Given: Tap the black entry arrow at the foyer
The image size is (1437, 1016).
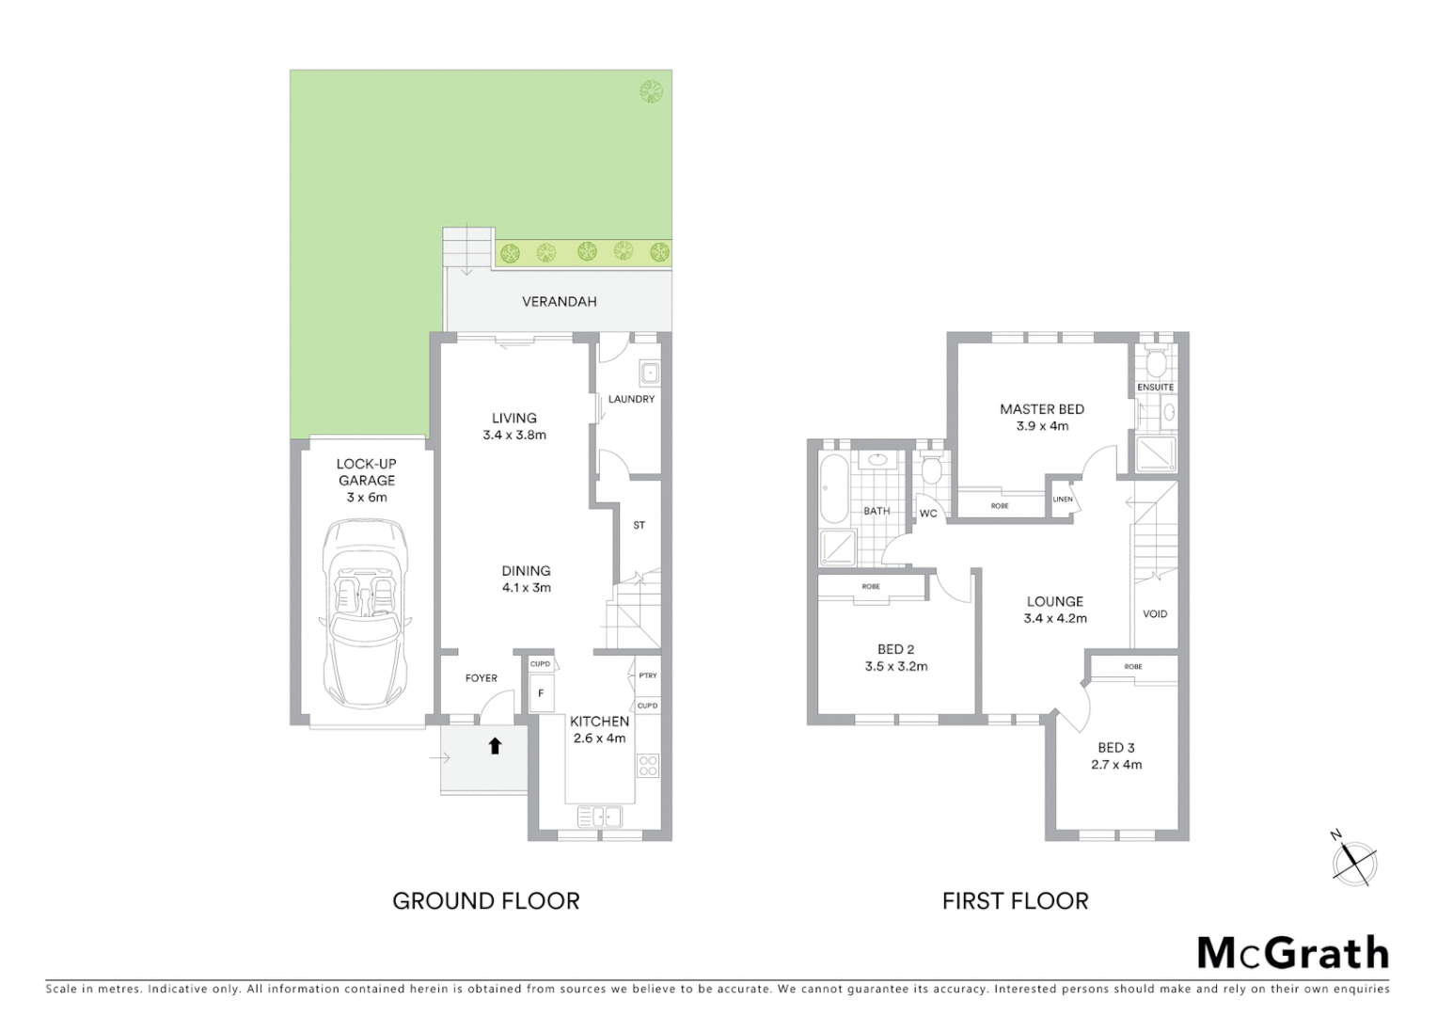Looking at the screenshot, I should (x=495, y=746).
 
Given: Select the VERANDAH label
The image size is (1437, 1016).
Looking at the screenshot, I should (x=560, y=302).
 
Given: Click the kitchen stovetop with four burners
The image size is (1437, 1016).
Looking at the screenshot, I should (x=648, y=766).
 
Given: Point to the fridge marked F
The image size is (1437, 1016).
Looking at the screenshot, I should (x=541, y=694).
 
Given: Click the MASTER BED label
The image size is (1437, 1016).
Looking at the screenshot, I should (x=1041, y=409).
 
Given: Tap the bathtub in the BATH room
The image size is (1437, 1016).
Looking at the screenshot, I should (x=833, y=488).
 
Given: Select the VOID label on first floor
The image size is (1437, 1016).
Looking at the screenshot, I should (x=1155, y=613).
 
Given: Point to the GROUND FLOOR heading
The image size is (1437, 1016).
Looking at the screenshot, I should (x=485, y=901).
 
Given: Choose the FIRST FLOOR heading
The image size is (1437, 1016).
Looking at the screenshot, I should (x=1015, y=901).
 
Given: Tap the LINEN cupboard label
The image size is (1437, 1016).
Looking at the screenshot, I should (x=1063, y=500).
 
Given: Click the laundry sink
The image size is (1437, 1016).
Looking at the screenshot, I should (x=649, y=373).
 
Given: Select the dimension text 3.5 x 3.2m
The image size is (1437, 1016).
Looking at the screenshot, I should (x=895, y=666).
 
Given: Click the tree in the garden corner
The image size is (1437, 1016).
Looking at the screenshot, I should (x=651, y=91).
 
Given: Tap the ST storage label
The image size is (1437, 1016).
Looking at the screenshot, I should (x=640, y=525).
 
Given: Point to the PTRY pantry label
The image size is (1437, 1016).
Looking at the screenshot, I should (x=647, y=675).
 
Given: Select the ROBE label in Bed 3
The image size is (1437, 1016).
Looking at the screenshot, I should (x=1132, y=667).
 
